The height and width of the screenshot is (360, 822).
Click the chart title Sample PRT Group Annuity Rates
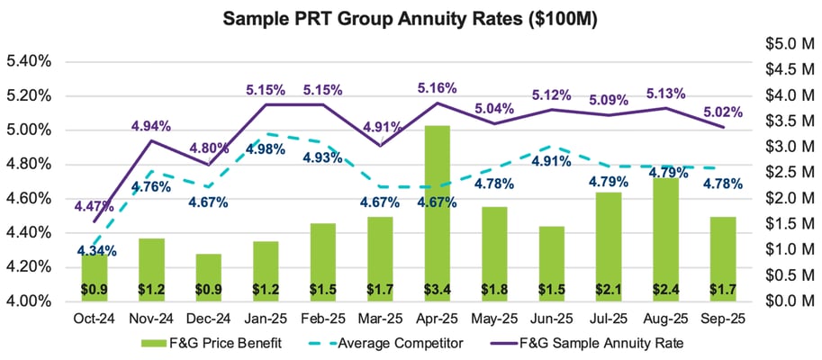pyautogui.click(x=411, y=18)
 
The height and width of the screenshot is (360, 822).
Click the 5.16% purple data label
pyautogui.click(x=437, y=88)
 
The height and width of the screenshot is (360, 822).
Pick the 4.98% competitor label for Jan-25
pyautogui.click(x=266, y=149)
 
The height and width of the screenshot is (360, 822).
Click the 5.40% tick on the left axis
pyautogui.click(x=28, y=61)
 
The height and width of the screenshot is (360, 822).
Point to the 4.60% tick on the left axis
pyautogui.click(x=28, y=198)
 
